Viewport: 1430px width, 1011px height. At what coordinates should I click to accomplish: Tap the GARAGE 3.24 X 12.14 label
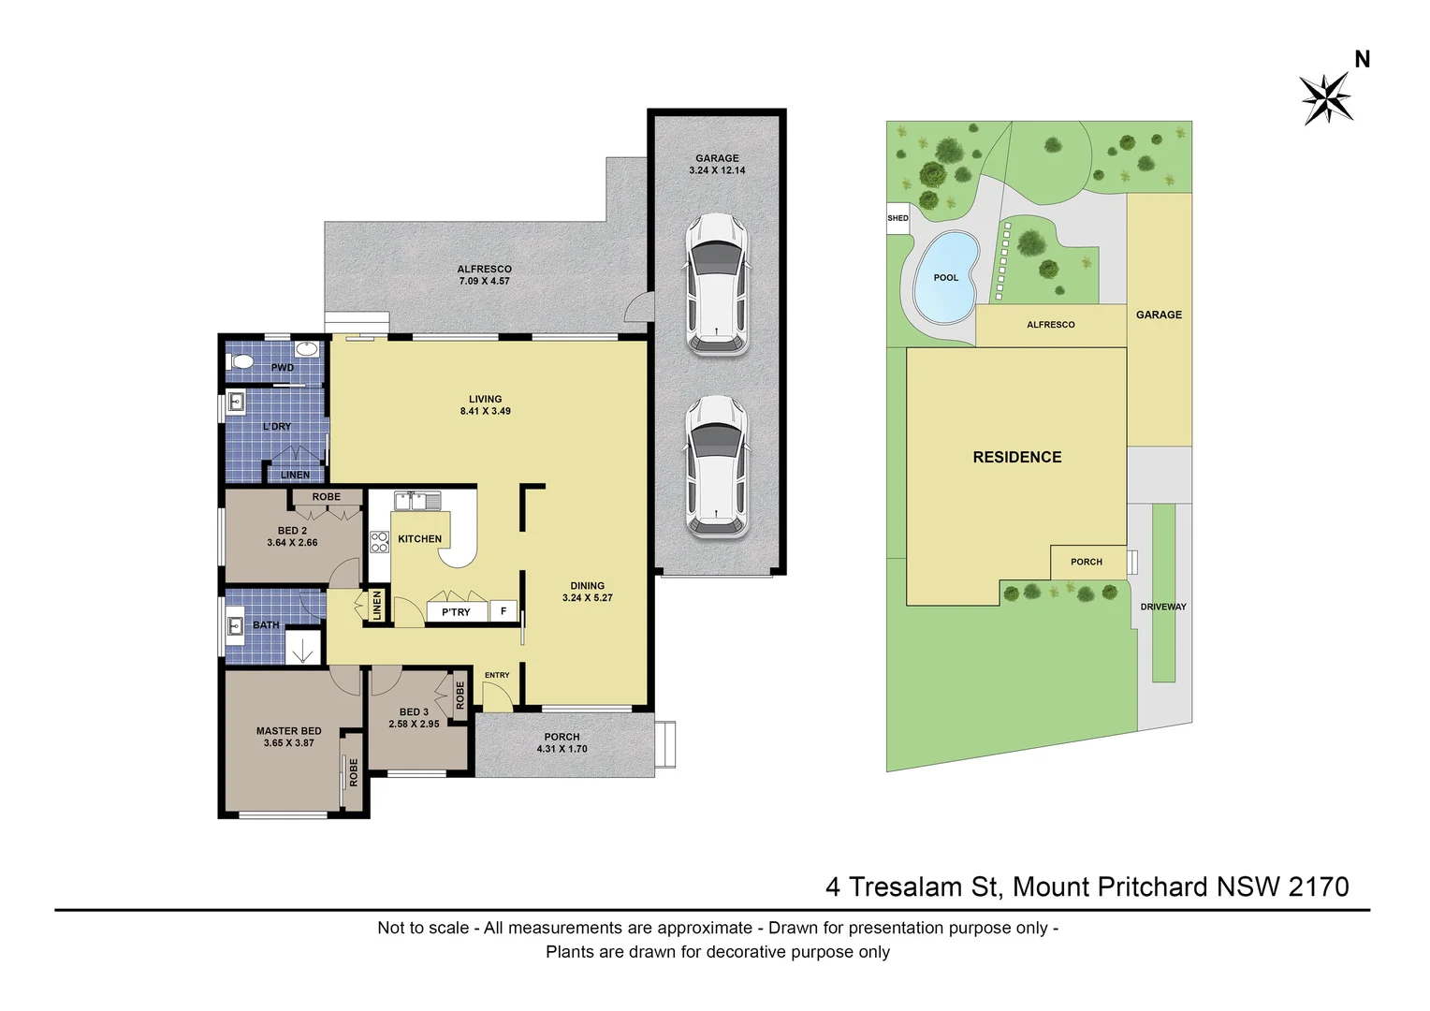[717, 165]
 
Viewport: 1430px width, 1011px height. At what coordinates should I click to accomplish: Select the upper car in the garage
[717, 285]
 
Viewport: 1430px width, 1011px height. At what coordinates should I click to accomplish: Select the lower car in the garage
[717, 466]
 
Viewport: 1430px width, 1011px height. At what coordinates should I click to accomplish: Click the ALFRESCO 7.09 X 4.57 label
[484, 275]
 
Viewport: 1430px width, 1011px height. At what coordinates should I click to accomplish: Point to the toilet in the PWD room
[242, 360]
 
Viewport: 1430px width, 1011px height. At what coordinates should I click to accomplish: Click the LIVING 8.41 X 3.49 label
[485, 405]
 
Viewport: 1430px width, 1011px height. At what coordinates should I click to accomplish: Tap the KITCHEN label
[419, 539]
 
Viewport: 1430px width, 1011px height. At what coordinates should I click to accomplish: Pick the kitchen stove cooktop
[379, 542]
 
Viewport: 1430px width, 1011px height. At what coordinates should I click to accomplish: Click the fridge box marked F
[503, 611]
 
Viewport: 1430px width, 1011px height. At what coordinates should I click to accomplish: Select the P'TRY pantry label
[456, 612]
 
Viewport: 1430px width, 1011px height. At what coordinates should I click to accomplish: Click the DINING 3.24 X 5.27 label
[587, 592]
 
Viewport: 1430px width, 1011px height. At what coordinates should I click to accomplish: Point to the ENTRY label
[497, 675]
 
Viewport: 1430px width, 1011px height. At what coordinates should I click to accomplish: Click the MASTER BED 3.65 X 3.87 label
[288, 737]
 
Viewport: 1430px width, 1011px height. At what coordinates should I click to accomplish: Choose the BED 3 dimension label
[414, 718]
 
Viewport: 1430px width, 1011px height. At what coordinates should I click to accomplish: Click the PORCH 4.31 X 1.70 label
[562, 743]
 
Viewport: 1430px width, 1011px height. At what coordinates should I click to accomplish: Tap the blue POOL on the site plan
[945, 277]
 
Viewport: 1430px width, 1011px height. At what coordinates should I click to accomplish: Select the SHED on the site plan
[897, 218]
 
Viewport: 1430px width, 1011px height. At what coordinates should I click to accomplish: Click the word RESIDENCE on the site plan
[1017, 458]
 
